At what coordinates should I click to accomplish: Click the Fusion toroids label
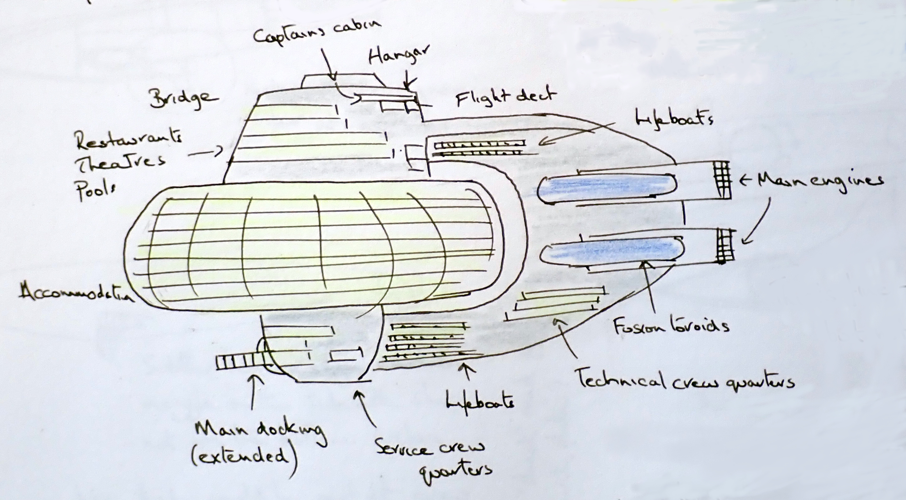click(x=671, y=326)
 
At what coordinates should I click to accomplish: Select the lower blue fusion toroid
click(x=612, y=251)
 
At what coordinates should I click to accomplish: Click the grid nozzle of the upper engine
click(x=722, y=179)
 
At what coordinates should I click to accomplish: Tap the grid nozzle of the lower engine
click(x=725, y=246)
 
